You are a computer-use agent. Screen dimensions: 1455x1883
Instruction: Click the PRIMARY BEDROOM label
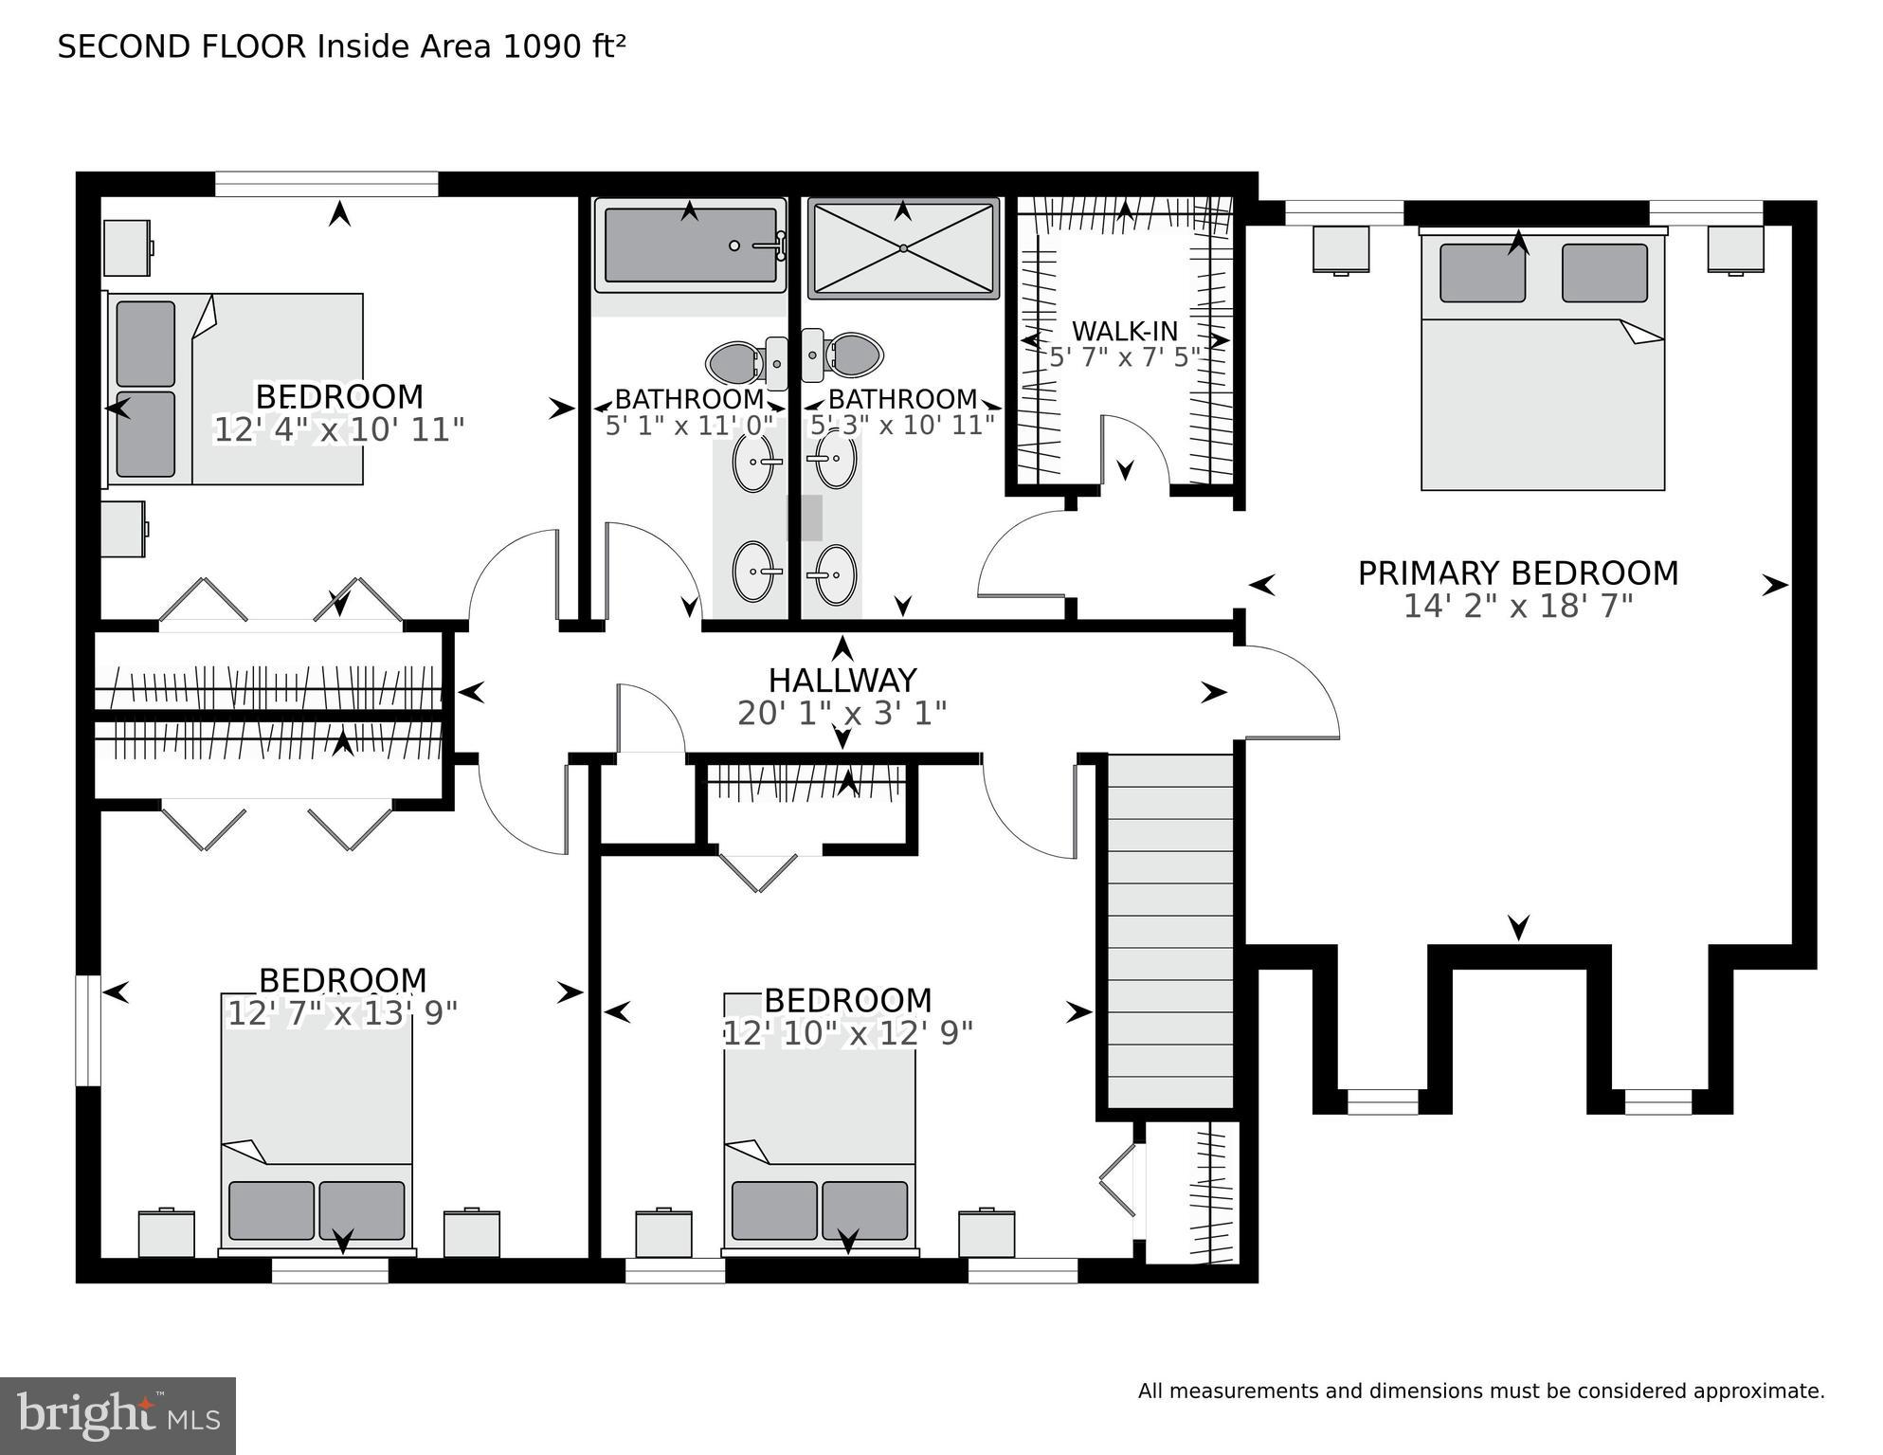pos(1517,573)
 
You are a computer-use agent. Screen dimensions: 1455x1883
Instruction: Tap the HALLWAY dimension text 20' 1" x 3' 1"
pos(842,713)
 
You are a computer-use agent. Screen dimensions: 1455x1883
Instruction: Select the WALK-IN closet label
pos(1125,332)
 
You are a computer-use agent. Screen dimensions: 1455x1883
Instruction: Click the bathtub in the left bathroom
pos(690,246)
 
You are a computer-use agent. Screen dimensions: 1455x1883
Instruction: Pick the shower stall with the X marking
pos(903,248)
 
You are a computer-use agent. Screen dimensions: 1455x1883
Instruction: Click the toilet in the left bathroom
pos(733,360)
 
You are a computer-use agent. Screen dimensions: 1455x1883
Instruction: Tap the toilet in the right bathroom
pos(855,355)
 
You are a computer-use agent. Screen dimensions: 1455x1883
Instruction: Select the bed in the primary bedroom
pos(1542,365)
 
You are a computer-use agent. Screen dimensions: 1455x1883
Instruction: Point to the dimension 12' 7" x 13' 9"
pos(342,1013)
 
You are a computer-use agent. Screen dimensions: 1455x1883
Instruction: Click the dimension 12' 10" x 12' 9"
pos(847,1032)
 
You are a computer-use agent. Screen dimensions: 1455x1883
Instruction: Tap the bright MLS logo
pos(118,1416)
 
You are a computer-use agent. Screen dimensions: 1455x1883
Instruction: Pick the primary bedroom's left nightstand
pos(1340,249)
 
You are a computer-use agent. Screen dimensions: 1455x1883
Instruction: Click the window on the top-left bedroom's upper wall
pos(326,184)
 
